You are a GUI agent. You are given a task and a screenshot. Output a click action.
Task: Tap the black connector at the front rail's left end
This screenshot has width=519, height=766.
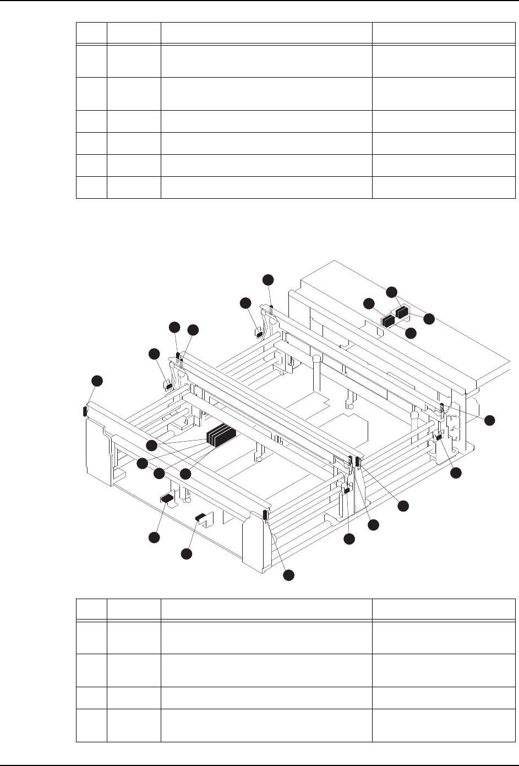point(85,411)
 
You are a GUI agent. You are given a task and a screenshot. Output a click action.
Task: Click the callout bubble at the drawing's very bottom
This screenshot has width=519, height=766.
point(288,575)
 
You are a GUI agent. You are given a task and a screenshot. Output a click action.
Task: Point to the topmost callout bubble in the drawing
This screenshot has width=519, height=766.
point(267,279)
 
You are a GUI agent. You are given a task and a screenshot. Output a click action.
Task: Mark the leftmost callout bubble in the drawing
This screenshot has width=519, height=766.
point(97,380)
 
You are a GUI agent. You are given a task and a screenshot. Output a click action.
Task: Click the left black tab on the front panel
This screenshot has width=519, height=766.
point(167,498)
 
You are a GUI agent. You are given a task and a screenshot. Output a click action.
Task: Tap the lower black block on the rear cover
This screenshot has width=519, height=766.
point(389,320)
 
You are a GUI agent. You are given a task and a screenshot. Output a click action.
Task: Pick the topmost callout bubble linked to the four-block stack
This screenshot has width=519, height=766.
point(152,444)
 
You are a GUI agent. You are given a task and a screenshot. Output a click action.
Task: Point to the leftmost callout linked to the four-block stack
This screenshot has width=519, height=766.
point(142,464)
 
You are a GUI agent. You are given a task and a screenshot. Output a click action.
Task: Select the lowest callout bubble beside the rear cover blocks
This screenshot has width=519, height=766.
point(411,333)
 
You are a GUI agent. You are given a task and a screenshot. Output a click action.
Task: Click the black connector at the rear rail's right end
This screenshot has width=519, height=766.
point(442,408)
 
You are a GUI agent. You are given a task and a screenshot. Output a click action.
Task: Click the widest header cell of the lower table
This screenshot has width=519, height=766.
point(266,610)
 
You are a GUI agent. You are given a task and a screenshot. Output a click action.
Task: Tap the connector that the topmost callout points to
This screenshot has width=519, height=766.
point(271,305)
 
